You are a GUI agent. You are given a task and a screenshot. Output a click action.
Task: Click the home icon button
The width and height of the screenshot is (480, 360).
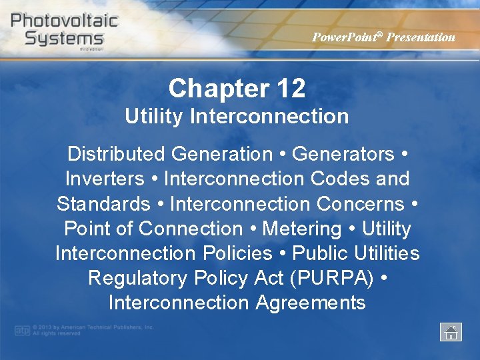[x=451, y=332]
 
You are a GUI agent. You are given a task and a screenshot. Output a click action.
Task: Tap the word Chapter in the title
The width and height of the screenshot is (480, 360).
[x=214, y=88]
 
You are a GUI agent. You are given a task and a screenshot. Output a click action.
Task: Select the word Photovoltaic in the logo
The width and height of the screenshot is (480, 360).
[x=64, y=19]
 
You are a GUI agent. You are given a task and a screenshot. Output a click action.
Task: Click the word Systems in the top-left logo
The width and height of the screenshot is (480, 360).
[x=64, y=38]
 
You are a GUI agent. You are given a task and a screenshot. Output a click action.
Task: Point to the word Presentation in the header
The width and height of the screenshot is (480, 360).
[x=421, y=37]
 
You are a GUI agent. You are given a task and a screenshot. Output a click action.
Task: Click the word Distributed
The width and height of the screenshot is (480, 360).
[x=116, y=154]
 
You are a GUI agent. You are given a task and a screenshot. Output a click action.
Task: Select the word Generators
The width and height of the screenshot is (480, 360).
[x=343, y=154]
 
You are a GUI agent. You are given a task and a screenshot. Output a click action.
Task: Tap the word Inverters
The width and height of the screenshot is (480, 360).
[x=105, y=179]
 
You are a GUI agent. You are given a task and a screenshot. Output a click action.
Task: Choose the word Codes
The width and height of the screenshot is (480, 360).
[x=339, y=179]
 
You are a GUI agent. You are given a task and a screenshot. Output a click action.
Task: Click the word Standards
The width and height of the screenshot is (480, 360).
[x=103, y=203]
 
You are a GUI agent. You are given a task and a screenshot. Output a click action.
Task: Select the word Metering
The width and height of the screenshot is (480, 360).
[x=302, y=229]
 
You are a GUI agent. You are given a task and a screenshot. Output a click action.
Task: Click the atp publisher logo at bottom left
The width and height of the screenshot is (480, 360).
[x=22, y=330]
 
